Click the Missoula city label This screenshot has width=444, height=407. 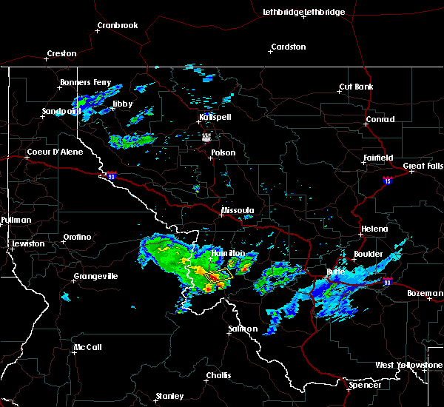[x=238, y=210]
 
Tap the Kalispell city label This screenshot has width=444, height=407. [x=215, y=118]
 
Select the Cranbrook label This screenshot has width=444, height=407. [x=118, y=26]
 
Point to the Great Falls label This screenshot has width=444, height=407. [x=423, y=166]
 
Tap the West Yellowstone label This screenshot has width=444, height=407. [x=408, y=366]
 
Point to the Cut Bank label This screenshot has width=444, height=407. [x=356, y=87]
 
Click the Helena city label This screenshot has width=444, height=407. [x=374, y=229]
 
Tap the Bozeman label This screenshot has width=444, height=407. [x=425, y=294]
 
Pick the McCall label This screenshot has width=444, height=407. [x=87, y=347]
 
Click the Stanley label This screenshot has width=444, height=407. [x=169, y=396]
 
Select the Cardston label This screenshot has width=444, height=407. [x=288, y=47]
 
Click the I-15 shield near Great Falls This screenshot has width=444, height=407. [x=388, y=180]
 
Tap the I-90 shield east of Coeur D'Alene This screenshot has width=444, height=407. [x=111, y=176]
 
